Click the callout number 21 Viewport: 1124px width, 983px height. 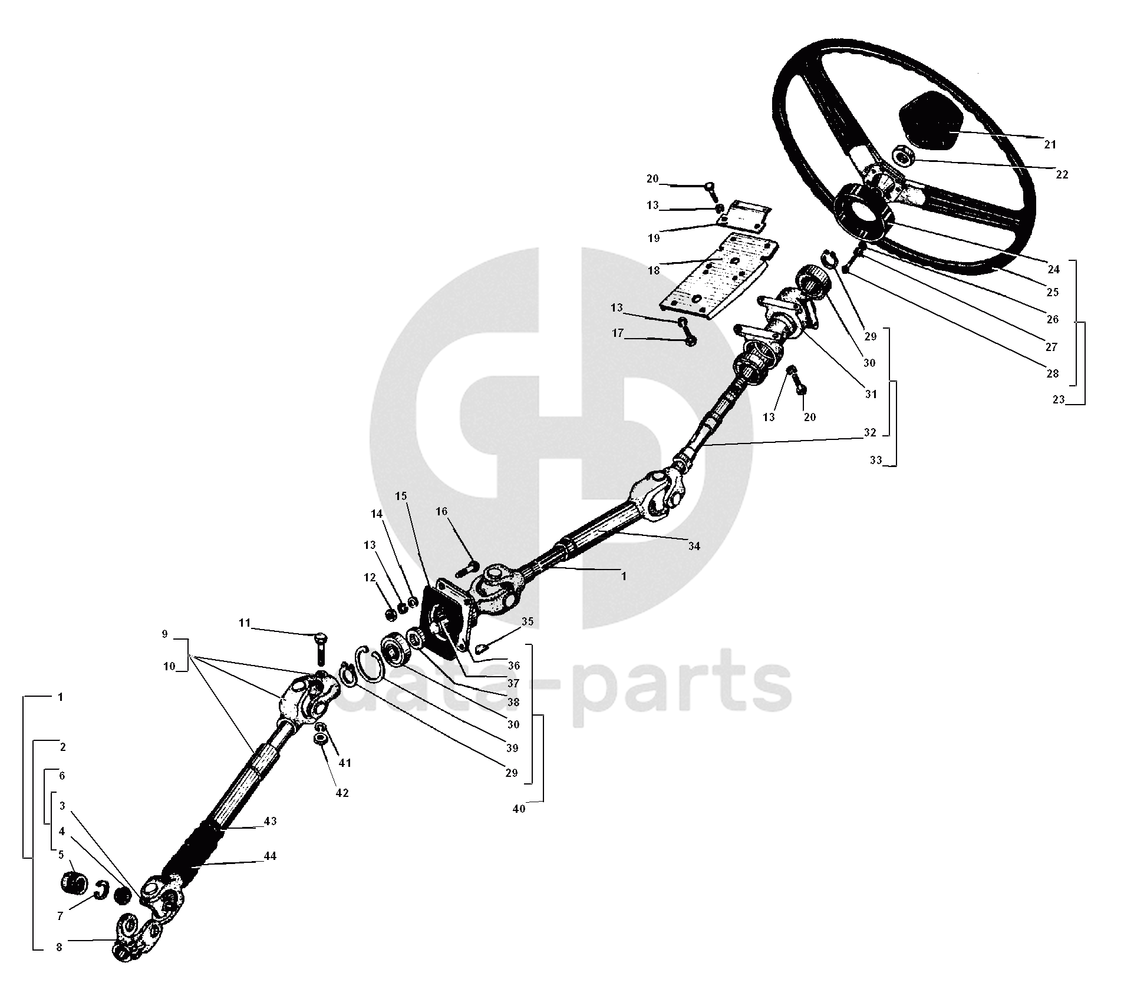[1050, 144]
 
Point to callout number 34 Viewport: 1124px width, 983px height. [694, 546]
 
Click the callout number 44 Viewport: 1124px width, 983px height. [270, 856]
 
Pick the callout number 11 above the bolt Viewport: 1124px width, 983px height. [245, 623]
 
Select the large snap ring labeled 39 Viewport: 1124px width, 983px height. [369, 664]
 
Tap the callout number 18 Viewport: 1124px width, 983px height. [653, 271]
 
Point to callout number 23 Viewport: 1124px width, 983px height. [1059, 399]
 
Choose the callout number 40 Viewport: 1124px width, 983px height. [519, 809]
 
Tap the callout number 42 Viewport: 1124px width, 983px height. [342, 793]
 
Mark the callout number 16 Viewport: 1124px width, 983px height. [441, 511]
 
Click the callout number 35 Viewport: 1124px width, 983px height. [528, 621]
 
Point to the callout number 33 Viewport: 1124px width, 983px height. [876, 460]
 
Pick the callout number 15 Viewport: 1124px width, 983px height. [401, 496]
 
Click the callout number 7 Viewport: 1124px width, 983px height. [60, 916]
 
